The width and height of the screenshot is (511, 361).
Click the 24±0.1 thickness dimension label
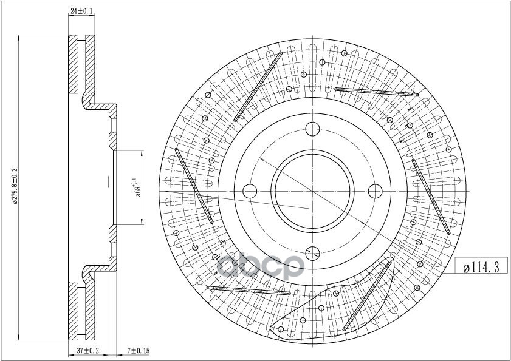pos(81,11)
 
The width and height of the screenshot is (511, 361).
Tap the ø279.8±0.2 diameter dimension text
pos(15,186)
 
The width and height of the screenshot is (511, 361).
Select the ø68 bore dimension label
pos(137,188)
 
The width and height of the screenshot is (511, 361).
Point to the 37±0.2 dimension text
pos(87,351)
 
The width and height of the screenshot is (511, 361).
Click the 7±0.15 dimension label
pos(138,351)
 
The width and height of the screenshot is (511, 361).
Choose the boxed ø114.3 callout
pos(481,267)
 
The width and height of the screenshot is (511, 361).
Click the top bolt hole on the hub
pos(312,129)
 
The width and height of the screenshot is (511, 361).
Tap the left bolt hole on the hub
pos(250,191)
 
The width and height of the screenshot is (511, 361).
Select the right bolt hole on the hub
pos(375,191)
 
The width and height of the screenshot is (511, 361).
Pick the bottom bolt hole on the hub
pos(312,253)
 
